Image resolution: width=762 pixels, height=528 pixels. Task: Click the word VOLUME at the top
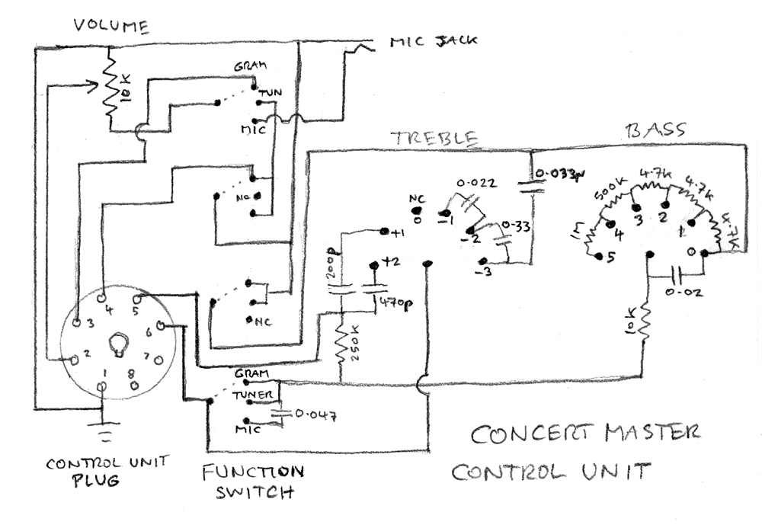point(110,26)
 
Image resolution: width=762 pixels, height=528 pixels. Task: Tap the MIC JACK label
point(433,41)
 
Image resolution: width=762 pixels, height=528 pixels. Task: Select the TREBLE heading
point(434,139)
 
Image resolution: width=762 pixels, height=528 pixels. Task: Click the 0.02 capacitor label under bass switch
point(685,291)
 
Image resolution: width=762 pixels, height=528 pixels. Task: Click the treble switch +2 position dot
point(373,265)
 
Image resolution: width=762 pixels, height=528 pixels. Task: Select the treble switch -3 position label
point(481,274)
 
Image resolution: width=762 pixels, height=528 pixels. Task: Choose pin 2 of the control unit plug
point(75,356)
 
